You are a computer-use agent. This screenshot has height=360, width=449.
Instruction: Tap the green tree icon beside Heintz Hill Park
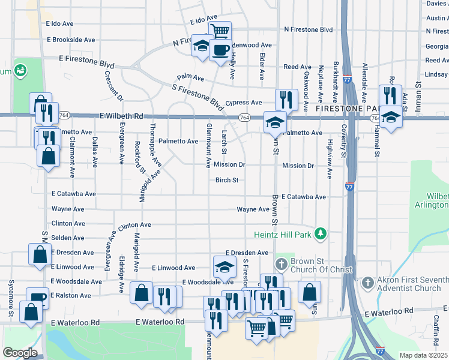[321, 233]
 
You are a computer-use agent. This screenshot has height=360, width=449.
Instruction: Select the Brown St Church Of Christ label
[321, 266]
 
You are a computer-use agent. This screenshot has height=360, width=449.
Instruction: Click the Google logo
[20, 352]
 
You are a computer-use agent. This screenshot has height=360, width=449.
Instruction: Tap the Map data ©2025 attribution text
[423, 355]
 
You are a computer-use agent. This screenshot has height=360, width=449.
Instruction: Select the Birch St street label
[227, 180]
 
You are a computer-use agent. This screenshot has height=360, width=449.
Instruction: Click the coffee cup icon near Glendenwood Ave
[220, 49]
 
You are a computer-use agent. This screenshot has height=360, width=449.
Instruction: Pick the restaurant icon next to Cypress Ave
[286, 99]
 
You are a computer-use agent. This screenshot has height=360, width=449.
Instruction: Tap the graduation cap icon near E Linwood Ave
[224, 267]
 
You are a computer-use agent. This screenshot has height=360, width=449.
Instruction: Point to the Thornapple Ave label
[155, 147]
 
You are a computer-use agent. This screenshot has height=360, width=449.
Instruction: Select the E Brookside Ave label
[70, 40]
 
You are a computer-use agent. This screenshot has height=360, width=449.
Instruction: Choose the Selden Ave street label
[68, 238]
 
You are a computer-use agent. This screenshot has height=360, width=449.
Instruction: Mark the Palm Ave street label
[190, 77]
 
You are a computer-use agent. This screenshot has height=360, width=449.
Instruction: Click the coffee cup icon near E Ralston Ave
[38, 297]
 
